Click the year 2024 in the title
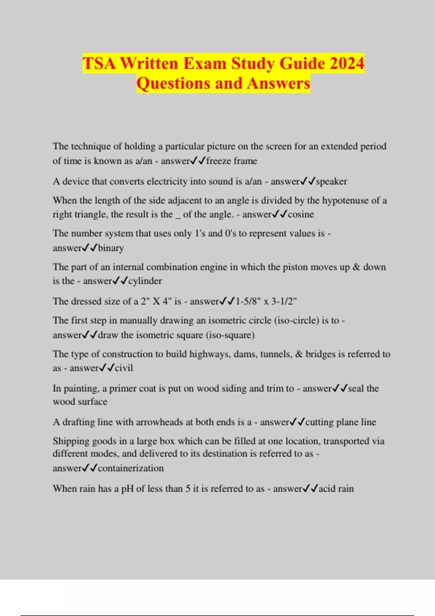click(x=347, y=63)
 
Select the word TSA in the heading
click(x=99, y=63)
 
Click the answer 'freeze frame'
click(x=232, y=161)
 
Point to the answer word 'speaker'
click(x=331, y=181)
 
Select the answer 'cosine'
click(x=301, y=214)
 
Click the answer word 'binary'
click(x=111, y=248)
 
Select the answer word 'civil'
click(x=124, y=368)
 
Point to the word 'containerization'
click(x=131, y=468)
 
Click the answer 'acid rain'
click(x=336, y=488)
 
